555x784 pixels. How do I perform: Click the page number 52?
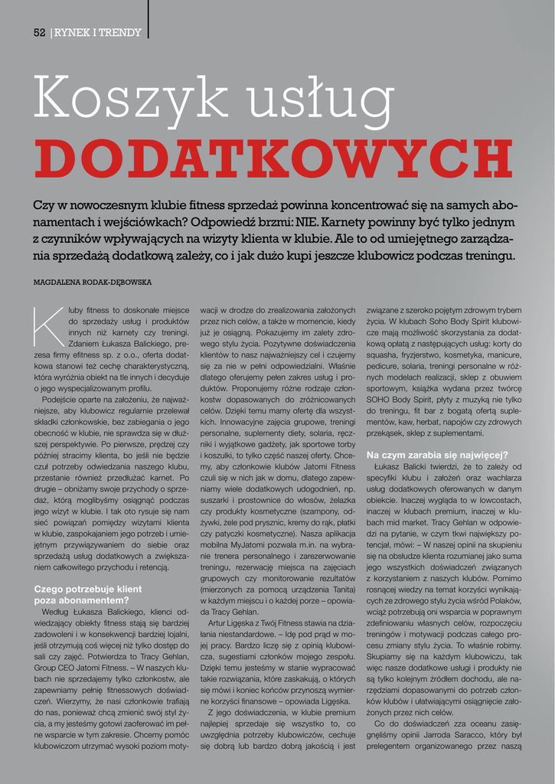(40, 32)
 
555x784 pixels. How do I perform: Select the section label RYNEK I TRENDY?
(97, 32)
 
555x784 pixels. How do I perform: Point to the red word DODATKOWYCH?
(273, 158)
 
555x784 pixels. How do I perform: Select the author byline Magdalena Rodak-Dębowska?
(93, 283)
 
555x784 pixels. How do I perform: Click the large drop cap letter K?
(47, 324)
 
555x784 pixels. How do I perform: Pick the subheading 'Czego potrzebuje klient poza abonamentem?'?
(89, 594)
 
